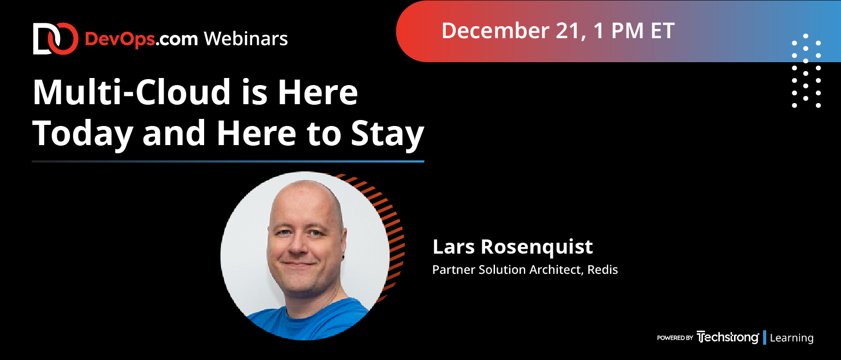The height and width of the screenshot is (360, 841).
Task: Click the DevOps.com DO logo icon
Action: pos(56,39)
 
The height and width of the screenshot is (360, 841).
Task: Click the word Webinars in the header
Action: pos(246,39)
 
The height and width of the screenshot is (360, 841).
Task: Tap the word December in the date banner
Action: pos(496,31)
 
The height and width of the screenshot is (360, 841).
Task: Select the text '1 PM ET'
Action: pos(634,31)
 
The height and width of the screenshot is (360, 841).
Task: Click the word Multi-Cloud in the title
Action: pos(132,92)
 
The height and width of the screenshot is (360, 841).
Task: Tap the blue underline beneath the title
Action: pos(228,161)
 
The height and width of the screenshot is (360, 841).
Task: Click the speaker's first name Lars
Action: pos(454,247)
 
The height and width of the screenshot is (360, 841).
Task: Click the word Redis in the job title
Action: pos(603,269)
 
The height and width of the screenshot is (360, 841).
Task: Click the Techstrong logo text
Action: pos(727,338)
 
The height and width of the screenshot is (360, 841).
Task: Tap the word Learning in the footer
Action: pos(792,338)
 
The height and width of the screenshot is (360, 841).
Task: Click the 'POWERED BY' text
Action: pos(675,338)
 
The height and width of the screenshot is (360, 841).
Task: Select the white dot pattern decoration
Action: pos(806,71)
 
